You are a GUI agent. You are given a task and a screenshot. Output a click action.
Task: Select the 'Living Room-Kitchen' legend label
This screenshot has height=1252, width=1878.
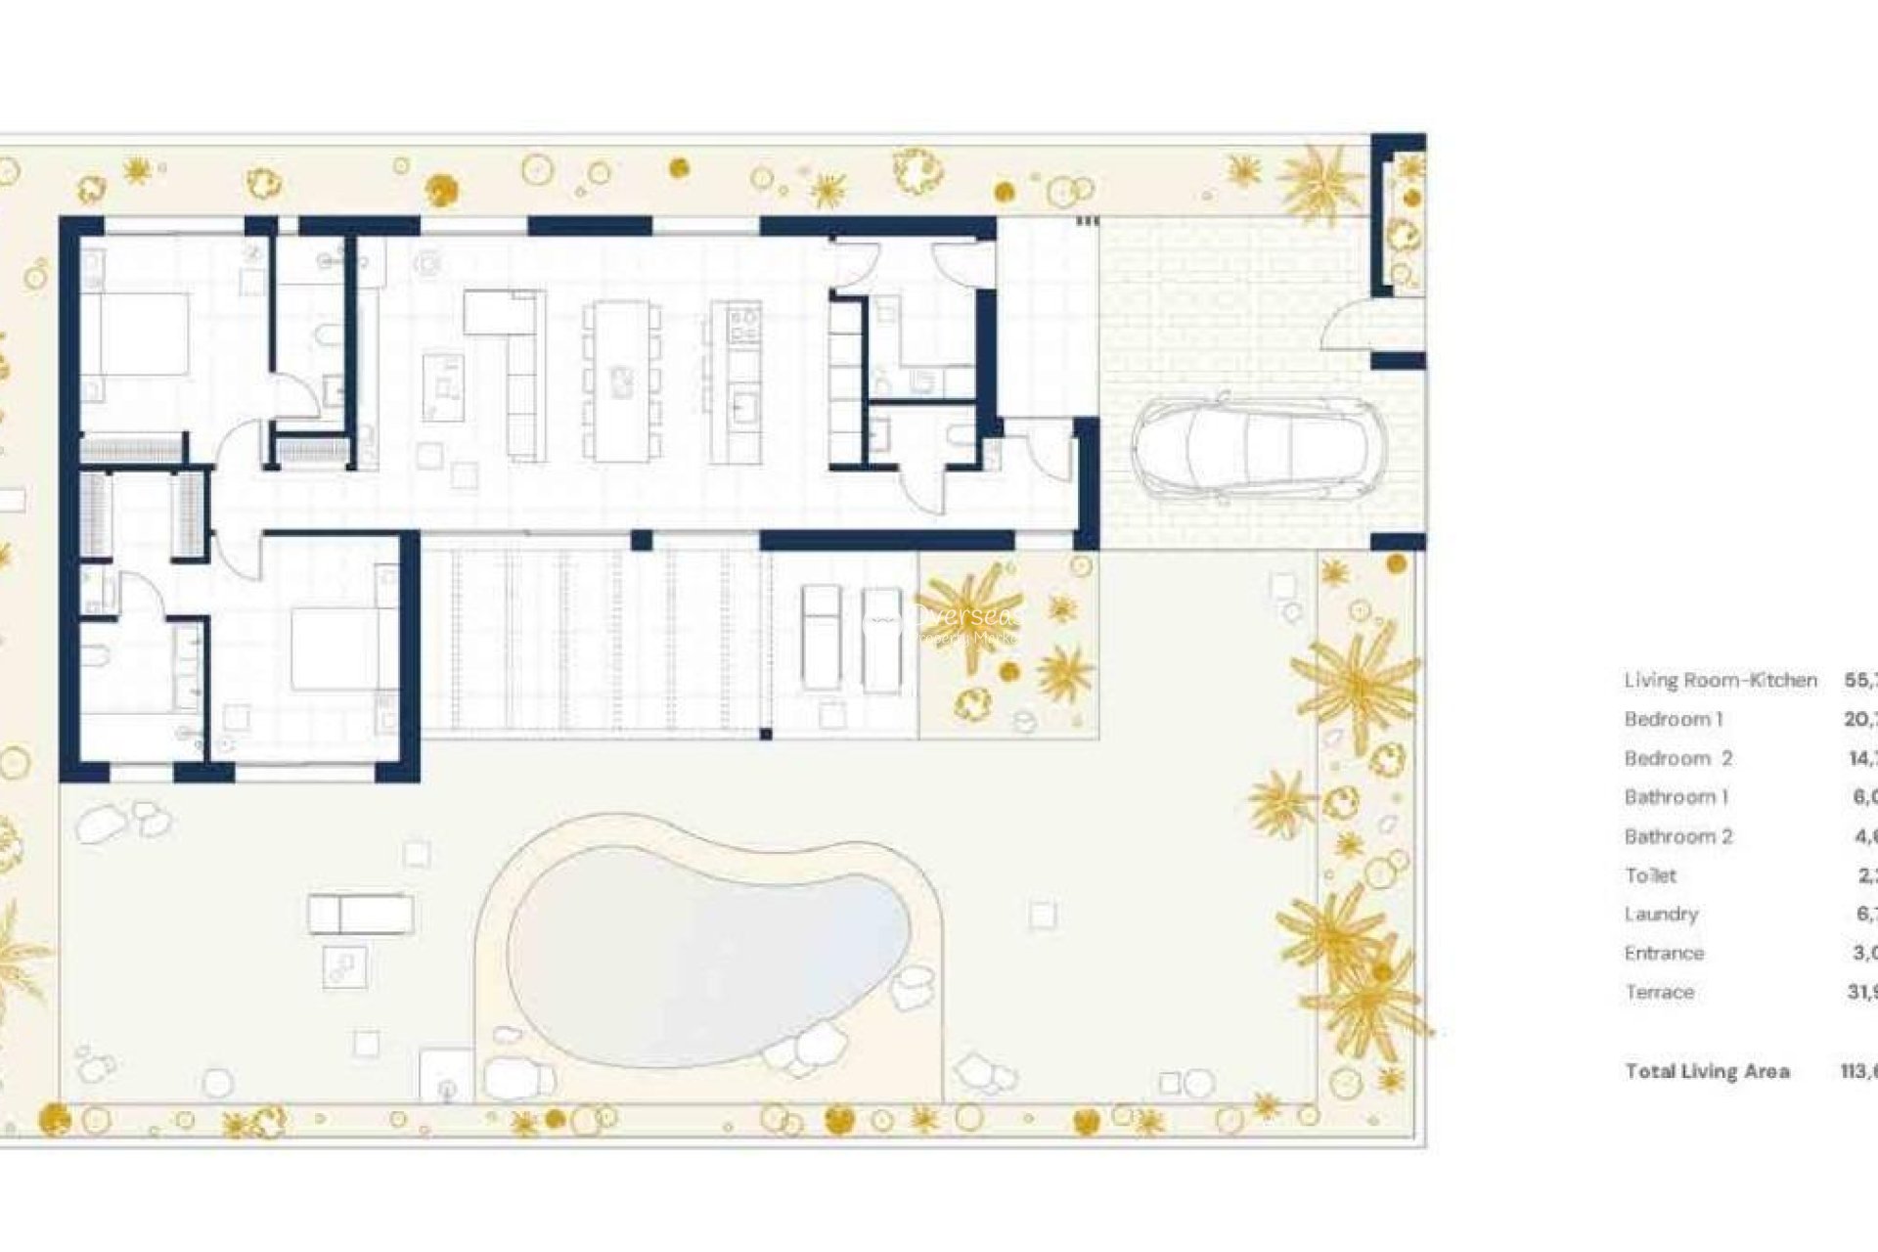pyautogui.click(x=1720, y=680)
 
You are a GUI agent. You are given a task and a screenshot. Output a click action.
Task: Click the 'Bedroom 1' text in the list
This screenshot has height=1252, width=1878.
pyautogui.click(x=1673, y=719)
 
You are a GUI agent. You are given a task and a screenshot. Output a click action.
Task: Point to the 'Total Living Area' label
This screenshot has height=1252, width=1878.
pyautogui.click(x=1707, y=1071)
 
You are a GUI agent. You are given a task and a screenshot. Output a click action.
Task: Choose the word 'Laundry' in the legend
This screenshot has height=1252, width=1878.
pyautogui.click(x=1661, y=914)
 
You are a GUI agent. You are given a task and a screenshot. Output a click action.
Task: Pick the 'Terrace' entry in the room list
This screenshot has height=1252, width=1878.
pyautogui.click(x=1659, y=992)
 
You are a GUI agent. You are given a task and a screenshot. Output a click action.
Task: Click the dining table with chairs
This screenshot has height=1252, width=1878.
pyautogui.click(x=621, y=381)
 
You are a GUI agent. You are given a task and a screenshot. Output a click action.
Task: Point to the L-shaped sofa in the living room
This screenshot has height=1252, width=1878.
pyautogui.click(x=518, y=372)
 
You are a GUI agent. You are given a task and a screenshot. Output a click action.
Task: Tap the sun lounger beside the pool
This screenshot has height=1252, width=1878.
pyautogui.click(x=360, y=915)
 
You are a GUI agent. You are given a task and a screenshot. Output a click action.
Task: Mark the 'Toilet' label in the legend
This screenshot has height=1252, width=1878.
pyautogui.click(x=1650, y=875)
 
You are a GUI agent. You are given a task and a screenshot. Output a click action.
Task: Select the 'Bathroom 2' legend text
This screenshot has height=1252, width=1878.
pyautogui.click(x=1677, y=836)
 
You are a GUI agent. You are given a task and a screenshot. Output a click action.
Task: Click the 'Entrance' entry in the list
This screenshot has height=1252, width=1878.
pyautogui.click(x=1664, y=953)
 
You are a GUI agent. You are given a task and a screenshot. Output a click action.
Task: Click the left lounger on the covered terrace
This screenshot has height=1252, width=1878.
pyautogui.click(x=820, y=638)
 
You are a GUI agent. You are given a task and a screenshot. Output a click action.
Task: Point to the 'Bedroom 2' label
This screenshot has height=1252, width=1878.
pyautogui.click(x=1677, y=758)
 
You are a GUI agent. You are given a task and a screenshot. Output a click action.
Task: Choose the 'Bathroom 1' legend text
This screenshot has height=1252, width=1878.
pyautogui.click(x=1676, y=797)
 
